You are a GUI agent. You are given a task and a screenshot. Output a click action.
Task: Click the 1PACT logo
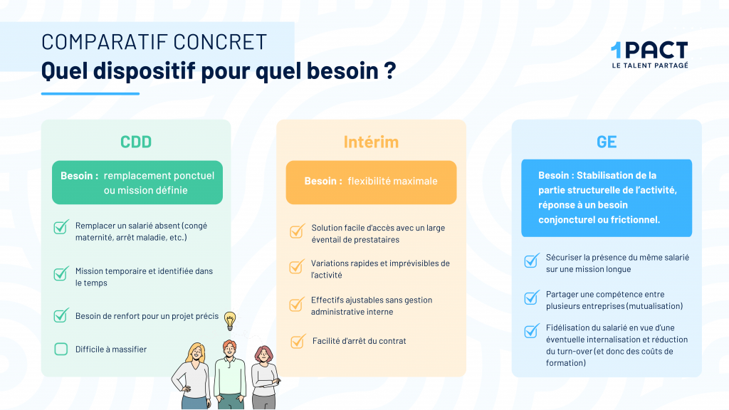click(649, 55)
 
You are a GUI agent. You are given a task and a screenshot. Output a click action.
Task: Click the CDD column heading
click(136, 142)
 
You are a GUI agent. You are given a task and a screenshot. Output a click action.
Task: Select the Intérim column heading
click(371, 142)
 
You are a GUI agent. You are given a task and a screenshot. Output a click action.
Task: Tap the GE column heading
click(607, 142)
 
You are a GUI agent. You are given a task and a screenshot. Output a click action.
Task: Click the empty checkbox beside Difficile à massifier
click(61, 349)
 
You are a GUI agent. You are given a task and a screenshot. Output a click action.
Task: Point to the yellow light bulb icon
click(230, 321)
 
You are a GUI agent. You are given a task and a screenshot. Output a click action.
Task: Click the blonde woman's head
click(196, 353)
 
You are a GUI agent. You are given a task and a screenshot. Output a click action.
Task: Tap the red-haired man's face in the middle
click(229, 349)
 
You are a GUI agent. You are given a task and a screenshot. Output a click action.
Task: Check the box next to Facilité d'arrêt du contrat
click(298, 341)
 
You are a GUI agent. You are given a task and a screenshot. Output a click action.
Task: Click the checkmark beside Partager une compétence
click(531, 298)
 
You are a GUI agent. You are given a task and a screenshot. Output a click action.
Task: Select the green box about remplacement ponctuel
click(137, 182)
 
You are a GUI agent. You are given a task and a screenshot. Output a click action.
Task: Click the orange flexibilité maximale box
click(371, 182)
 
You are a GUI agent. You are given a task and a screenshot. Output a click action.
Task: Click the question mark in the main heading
click(390, 70)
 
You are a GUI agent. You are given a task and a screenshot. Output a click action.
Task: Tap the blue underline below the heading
click(90, 93)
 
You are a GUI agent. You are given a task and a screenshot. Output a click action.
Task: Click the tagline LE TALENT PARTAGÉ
click(650, 65)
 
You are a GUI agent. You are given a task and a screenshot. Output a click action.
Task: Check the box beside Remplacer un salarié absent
click(61, 227)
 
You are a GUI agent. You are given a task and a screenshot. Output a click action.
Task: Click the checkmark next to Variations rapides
click(297, 267)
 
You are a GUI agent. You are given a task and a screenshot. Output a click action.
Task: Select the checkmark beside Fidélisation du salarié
click(531, 331)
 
